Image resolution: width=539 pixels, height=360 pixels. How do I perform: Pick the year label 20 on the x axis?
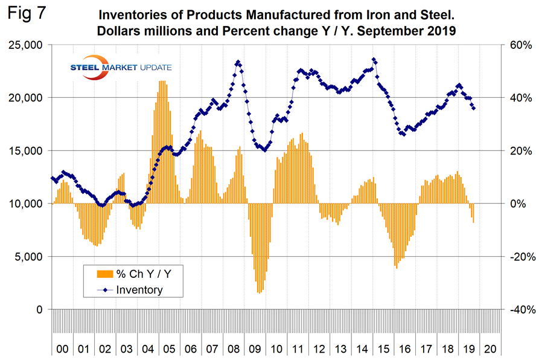tap(490, 349)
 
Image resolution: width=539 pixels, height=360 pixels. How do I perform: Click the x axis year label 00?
tap(62, 349)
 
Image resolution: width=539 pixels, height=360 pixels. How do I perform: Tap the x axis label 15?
tap(386, 349)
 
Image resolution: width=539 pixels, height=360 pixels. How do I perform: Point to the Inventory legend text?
tap(139, 290)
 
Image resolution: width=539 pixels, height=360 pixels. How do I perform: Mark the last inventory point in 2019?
tap(474, 109)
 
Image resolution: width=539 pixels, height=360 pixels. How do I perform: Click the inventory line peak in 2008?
tap(238, 62)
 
